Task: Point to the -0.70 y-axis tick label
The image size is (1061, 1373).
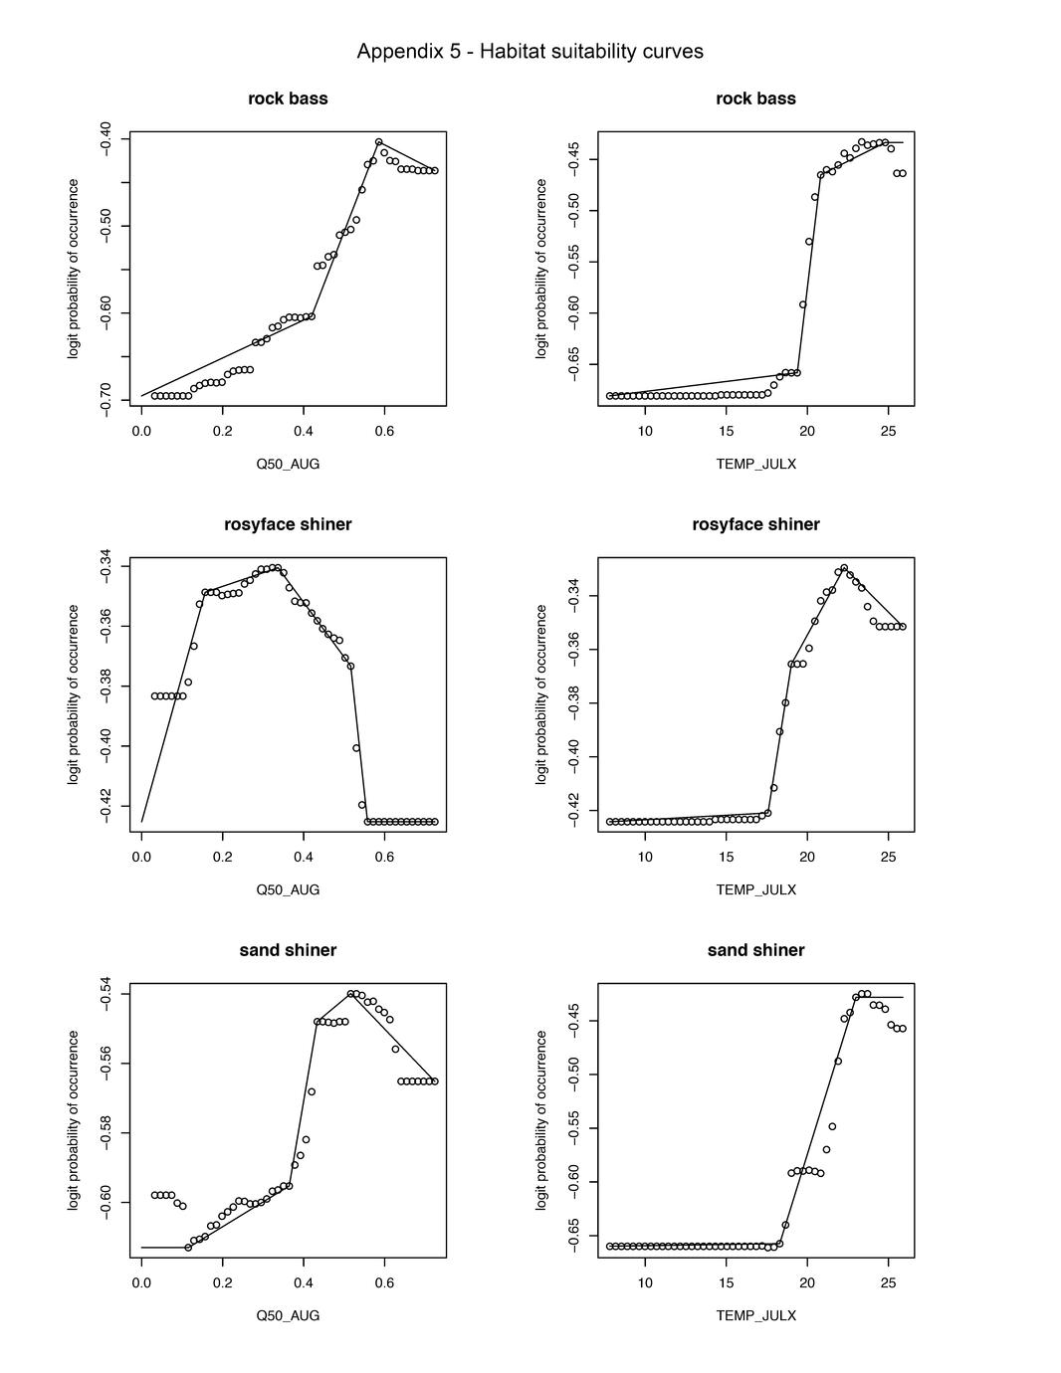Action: coord(106,400)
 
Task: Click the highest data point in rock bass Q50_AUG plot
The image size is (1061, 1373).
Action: coord(379,142)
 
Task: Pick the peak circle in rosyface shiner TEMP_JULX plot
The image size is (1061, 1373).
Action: coord(844,568)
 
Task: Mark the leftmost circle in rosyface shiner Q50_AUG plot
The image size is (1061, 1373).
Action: coord(154,696)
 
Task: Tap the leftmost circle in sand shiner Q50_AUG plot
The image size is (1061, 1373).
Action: coord(154,1195)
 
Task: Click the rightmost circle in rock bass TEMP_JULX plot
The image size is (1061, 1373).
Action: coord(903,173)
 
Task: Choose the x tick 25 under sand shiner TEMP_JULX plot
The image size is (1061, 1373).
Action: coord(888,1282)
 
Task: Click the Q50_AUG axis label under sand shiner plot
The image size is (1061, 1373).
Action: coord(288,1315)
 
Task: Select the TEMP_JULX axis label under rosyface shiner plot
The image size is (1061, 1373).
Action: coord(755,889)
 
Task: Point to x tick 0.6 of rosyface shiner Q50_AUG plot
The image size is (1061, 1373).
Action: coord(385,857)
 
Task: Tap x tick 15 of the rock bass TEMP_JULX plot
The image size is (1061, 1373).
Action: coord(727,431)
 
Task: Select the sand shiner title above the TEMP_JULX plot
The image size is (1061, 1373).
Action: coord(755,950)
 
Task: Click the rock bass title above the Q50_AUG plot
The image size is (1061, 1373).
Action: coord(288,98)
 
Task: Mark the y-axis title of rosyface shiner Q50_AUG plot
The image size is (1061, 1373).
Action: coord(73,694)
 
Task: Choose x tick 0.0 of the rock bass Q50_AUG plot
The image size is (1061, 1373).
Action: coord(141,431)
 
